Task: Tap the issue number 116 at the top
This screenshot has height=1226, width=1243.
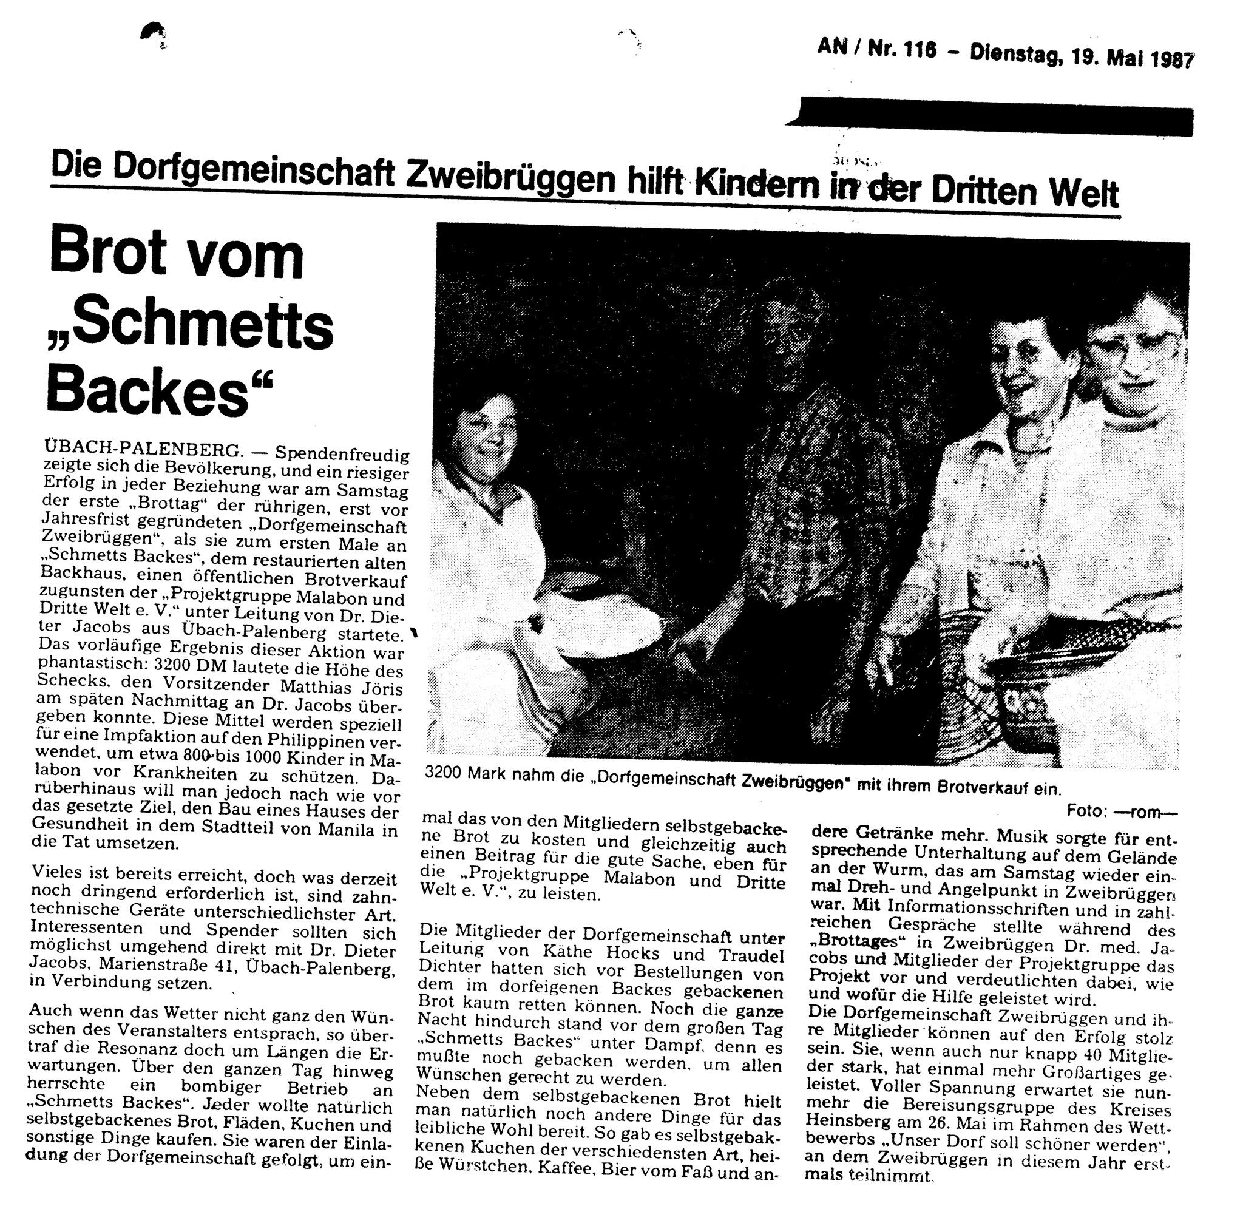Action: coord(920,50)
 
